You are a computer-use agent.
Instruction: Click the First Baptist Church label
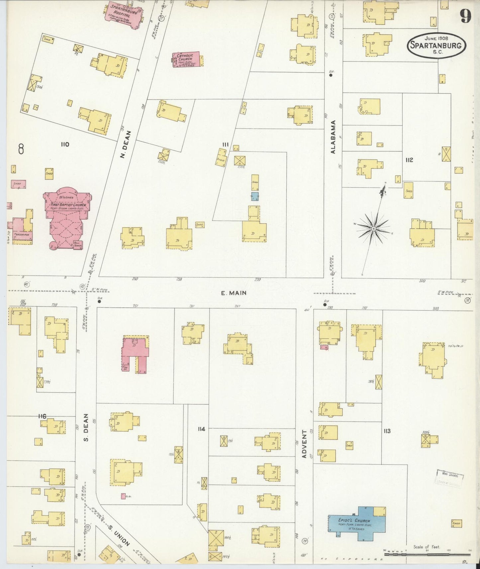click(68, 205)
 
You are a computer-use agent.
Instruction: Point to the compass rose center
click(373, 229)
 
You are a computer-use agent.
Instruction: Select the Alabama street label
click(333, 137)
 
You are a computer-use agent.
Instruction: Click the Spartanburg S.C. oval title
click(436, 45)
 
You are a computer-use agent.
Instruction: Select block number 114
click(201, 429)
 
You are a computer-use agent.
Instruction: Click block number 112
click(409, 160)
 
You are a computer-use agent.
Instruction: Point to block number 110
click(65, 144)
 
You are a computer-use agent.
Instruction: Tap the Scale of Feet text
click(427, 547)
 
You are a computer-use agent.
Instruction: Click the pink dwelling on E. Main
click(135, 353)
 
